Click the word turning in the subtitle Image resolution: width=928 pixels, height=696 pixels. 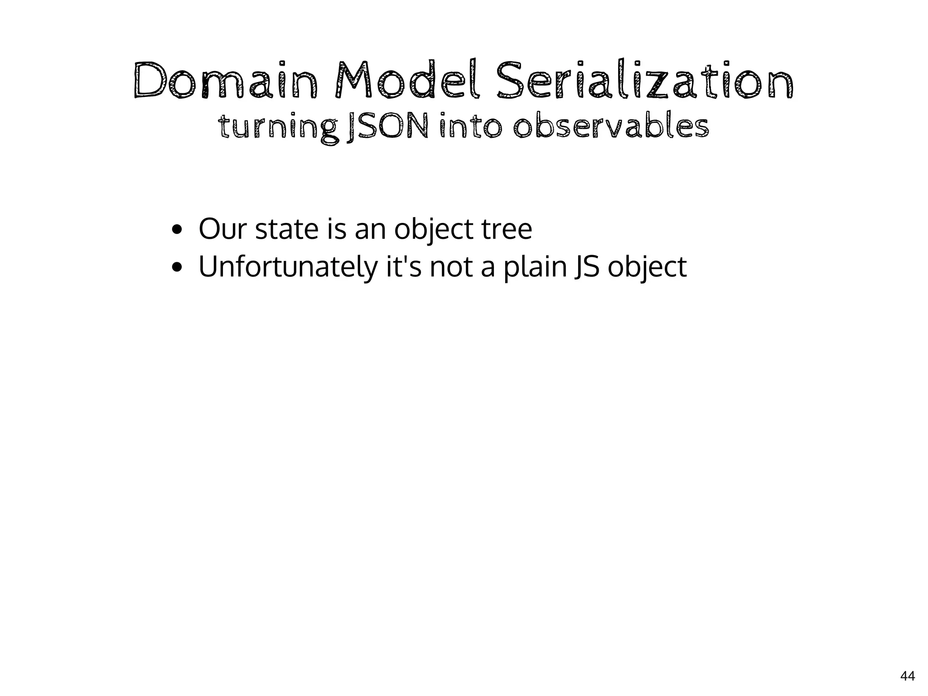point(278,128)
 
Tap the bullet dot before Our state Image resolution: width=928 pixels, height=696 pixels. point(177,230)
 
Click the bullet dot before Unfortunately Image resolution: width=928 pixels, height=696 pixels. point(177,268)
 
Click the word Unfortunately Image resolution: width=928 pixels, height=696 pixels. point(288,267)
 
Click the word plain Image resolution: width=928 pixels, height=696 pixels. point(536,268)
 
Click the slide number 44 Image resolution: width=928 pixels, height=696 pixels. point(907,677)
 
